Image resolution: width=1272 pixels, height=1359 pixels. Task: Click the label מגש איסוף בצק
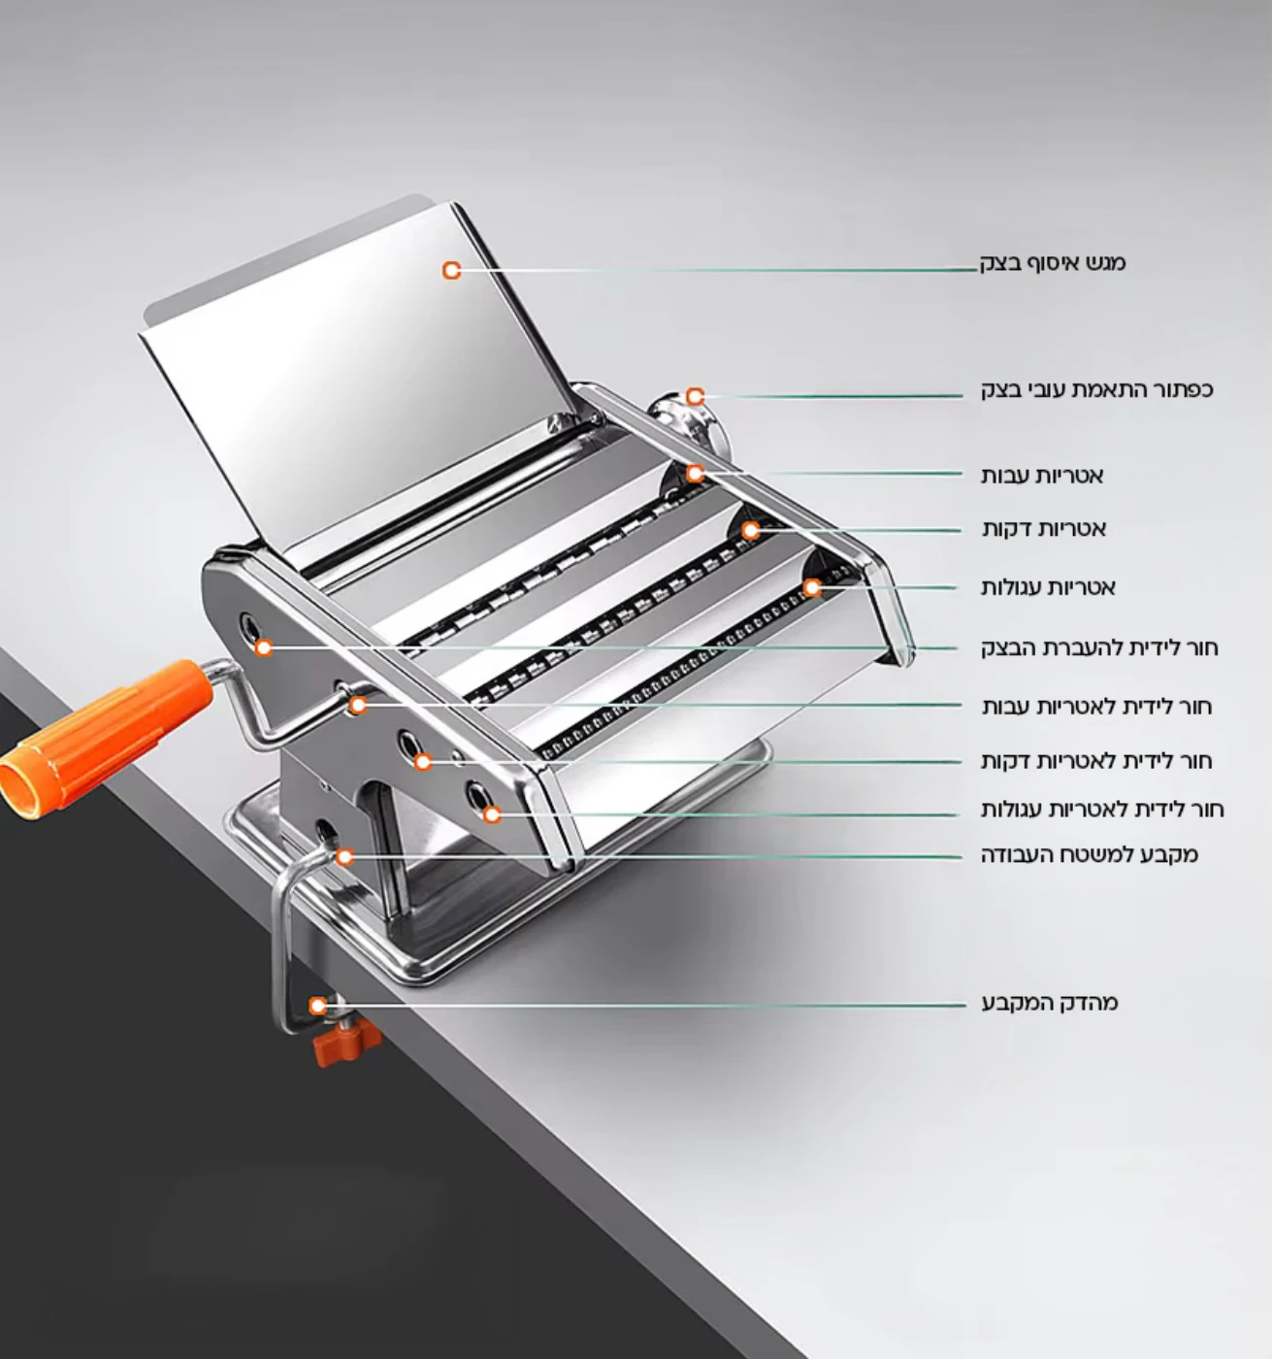coord(1053,263)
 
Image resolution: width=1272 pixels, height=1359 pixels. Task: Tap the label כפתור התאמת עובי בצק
coord(1096,390)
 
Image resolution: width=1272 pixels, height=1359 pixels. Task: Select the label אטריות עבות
coord(1042,476)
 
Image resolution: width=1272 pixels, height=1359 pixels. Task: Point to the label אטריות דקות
coord(1044,529)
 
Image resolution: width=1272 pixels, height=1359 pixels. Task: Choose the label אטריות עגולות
coord(1048,587)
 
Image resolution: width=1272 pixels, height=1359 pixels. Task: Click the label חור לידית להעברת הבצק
coord(1098,647)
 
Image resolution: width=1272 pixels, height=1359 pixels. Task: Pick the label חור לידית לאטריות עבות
coord(1096,707)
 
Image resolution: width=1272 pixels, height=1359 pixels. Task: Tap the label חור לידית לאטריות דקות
coord(1096,761)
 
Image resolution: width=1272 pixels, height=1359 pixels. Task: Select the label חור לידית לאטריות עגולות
coord(1102,809)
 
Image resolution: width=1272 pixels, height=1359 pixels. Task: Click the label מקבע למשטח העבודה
coord(1089,855)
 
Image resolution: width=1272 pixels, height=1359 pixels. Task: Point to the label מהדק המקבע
coord(1050,1003)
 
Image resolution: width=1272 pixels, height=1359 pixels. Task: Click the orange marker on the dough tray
coord(451,270)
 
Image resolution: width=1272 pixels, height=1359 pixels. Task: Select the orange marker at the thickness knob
coord(695,396)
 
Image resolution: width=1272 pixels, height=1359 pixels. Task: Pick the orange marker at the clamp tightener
coord(317,1006)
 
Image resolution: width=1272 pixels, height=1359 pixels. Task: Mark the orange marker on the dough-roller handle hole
coord(263,646)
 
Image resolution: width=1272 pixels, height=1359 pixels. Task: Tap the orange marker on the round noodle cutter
coord(812,587)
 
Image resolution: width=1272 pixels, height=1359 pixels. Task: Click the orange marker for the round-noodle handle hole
coord(492,813)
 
